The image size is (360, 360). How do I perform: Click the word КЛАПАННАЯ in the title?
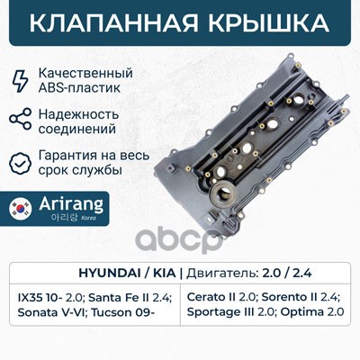(x=113, y=23)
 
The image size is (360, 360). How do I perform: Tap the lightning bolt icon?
(x=21, y=80)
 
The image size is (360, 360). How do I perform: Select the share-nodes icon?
(x=21, y=119)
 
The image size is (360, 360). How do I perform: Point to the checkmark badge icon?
(x=21, y=163)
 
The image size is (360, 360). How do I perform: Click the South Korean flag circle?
(x=21, y=208)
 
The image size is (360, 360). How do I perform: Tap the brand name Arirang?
(x=71, y=203)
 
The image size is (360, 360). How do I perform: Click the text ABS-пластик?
(x=79, y=88)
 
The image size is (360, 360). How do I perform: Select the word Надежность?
(x=78, y=114)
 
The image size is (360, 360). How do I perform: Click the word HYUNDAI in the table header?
(x=109, y=273)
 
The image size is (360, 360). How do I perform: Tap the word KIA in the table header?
(x=164, y=273)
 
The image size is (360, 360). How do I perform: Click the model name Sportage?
(x=213, y=312)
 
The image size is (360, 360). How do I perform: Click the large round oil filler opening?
(x=221, y=192)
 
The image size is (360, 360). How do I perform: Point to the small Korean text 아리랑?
(x=65, y=218)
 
